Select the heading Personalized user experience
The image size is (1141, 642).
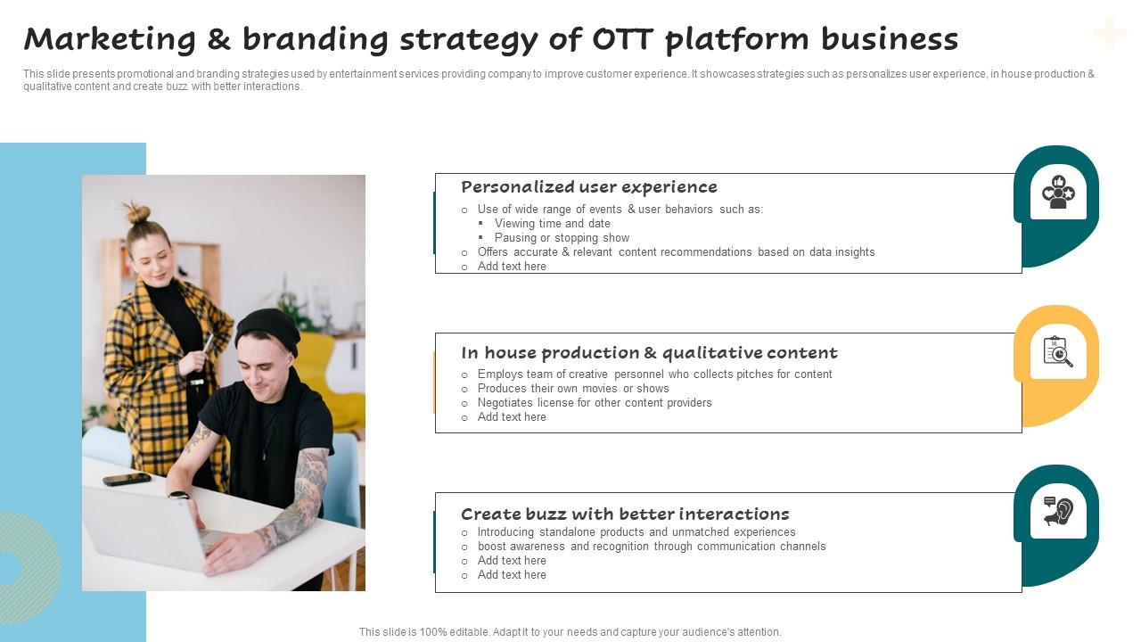[x=588, y=187]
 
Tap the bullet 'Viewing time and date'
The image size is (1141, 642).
[x=552, y=224]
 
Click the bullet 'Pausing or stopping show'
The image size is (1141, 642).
[x=562, y=238]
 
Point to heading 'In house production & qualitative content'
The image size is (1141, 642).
[x=649, y=353]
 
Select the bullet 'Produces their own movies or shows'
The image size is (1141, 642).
[x=572, y=389]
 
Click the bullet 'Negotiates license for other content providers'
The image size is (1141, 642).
[x=594, y=403]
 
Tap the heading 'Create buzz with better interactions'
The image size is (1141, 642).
[x=625, y=514]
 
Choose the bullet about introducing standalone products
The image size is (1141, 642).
[x=636, y=532]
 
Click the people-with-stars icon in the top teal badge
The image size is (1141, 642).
[x=1058, y=193]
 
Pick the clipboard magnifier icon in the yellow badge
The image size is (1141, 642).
[x=1058, y=351]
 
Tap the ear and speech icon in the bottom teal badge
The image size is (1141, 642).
[x=1058, y=512]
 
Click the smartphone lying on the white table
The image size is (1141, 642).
[x=127, y=480]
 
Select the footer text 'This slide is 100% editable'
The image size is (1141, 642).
[x=570, y=632]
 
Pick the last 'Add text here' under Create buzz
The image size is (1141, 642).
[x=511, y=575]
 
